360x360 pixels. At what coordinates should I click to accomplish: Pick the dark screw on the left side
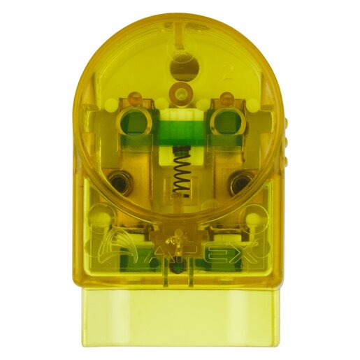[x=122, y=184]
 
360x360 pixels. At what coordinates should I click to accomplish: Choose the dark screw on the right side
[x=240, y=184]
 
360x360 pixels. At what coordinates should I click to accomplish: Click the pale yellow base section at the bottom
[x=181, y=318]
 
